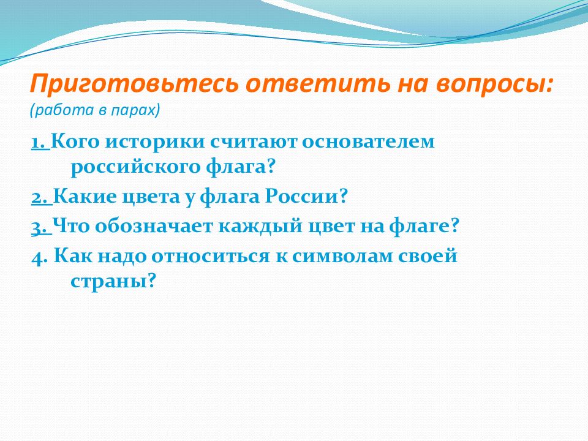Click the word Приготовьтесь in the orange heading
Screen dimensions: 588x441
[134, 84]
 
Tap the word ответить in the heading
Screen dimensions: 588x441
[318, 84]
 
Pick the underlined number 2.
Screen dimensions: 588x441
[41, 197]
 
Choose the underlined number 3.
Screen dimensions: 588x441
[41, 227]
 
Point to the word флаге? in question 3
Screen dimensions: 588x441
[424, 227]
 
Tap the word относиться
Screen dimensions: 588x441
[210, 257]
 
